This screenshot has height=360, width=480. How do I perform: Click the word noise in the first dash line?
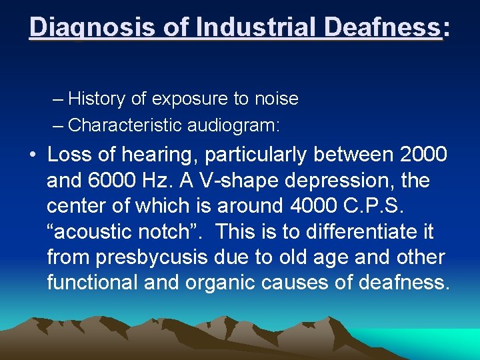275,99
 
